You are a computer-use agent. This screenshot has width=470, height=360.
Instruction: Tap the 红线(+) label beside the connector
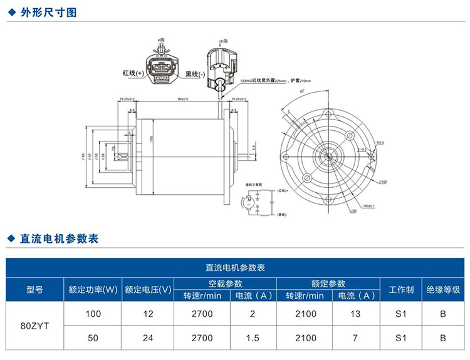(x=133, y=73)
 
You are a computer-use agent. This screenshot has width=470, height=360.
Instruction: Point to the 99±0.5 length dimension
(x=183, y=99)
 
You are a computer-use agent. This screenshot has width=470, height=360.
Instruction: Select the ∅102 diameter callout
(x=383, y=182)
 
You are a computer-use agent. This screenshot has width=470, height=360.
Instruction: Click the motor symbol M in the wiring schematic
(x=248, y=202)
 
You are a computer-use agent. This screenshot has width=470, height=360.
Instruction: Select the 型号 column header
(x=35, y=289)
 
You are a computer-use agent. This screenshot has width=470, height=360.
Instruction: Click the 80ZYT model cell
(x=35, y=326)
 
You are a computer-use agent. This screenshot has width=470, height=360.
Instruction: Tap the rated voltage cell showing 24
(x=148, y=338)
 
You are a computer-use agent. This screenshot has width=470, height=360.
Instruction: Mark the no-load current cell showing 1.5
(x=253, y=338)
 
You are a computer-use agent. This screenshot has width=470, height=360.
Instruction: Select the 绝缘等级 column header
(x=443, y=289)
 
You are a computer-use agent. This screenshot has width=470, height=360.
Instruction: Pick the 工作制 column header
(x=401, y=289)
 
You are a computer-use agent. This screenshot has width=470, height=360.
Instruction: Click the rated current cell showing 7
(x=355, y=338)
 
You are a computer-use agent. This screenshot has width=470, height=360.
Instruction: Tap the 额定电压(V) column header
(x=148, y=289)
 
